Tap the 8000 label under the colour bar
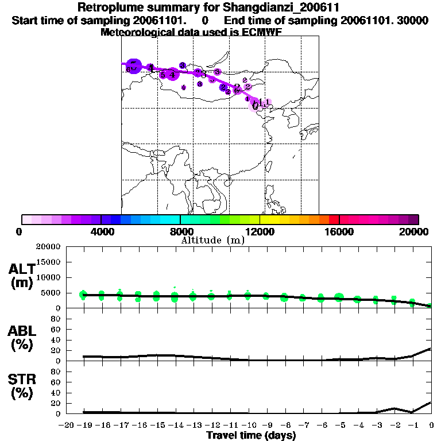point(181,231)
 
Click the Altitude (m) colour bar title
point(212,240)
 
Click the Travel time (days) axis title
point(251,435)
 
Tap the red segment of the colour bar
point(334,219)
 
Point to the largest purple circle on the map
point(134,66)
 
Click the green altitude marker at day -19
point(83,295)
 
